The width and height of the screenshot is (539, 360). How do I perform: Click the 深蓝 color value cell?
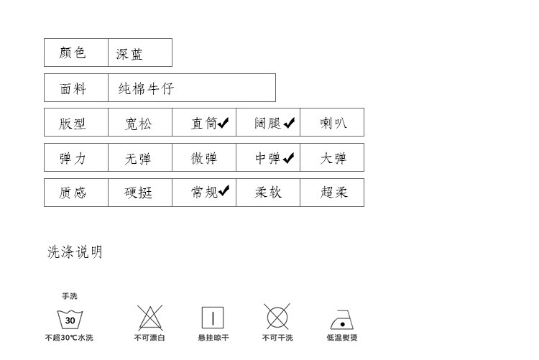(140, 52)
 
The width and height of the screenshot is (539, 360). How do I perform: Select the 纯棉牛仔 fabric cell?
(192, 88)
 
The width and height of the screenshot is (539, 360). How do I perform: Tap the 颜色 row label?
(76, 52)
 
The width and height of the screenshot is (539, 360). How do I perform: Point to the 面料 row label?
(76, 88)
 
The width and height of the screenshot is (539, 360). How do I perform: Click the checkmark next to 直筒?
(223, 123)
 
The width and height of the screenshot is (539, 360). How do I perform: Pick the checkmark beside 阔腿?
(289, 123)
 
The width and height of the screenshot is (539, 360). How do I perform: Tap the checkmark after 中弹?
(288, 158)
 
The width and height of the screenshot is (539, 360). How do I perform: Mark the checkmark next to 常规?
(224, 190)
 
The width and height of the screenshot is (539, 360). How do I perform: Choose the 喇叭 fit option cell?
(332, 122)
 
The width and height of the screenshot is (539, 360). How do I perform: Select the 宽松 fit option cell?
(140, 122)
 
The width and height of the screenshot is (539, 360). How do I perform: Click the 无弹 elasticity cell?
(140, 157)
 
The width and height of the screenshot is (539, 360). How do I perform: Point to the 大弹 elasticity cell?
(332, 157)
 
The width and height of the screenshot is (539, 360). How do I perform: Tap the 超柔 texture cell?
(332, 193)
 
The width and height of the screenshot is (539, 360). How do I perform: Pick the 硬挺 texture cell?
(140, 193)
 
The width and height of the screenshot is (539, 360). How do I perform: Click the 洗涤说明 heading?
(75, 251)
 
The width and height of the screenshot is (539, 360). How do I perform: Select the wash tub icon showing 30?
(70, 320)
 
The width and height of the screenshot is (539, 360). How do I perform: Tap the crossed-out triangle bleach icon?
(150, 318)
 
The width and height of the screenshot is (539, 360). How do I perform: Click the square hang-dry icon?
(213, 318)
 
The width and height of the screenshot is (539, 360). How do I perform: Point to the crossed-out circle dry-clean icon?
(277, 317)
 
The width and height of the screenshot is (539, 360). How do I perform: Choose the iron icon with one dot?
(341, 320)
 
